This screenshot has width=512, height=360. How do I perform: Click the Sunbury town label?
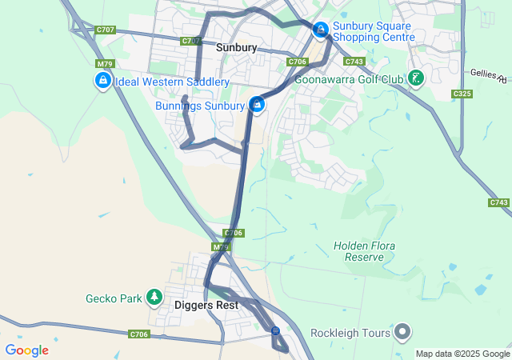tap(236, 48)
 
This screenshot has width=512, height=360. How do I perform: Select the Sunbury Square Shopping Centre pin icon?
tap(321, 30)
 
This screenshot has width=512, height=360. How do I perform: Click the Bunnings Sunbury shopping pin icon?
tap(257, 105)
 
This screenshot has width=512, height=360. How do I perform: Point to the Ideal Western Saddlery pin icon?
tap(102, 81)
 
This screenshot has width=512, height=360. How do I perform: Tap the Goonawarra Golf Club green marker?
tap(415, 78)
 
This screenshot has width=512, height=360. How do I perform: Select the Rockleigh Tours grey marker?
tap(402, 332)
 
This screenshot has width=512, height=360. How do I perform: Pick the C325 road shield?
tap(462, 94)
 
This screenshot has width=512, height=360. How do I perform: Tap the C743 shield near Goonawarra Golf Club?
tap(354, 62)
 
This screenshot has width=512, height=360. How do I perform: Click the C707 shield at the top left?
tap(105, 30)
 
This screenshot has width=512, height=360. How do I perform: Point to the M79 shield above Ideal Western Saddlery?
tap(104, 64)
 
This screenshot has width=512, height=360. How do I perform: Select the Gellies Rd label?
tap(490, 76)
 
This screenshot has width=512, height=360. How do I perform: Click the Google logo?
tap(26, 350)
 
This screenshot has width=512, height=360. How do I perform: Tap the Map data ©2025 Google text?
tap(462, 354)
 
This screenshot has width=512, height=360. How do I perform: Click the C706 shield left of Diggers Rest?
tap(138, 334)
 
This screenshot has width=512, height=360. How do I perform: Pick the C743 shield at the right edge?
tap(498, 203)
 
